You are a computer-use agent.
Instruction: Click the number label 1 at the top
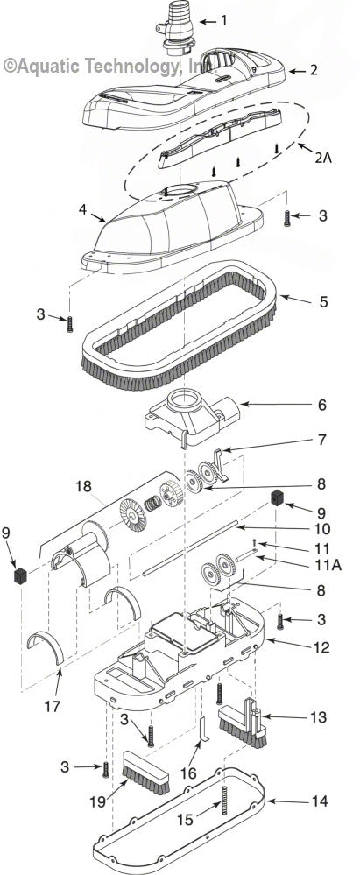(223, 20)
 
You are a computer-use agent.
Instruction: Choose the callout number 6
(297, 404)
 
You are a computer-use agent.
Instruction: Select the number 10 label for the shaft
(297, 529)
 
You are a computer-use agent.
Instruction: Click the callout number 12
(297, 647)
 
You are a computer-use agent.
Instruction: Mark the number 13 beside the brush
(297, 717)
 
